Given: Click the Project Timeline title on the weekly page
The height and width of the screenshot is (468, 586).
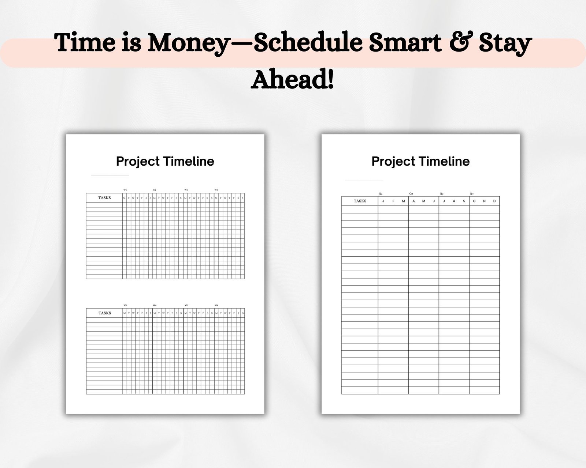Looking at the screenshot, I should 165,161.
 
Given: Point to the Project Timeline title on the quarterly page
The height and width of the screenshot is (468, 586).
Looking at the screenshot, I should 420,161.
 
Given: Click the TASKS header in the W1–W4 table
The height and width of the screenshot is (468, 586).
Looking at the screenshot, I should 104,198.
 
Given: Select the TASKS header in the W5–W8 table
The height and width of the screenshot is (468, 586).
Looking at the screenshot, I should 105,313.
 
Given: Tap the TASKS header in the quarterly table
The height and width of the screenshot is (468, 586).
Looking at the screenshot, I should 360,201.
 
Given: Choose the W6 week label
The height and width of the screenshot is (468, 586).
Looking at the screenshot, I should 155,305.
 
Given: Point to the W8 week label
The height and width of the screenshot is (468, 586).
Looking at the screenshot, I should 216,305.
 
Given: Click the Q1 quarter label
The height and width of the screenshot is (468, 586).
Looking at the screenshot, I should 381,193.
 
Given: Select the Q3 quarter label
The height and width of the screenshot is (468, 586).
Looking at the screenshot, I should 441,193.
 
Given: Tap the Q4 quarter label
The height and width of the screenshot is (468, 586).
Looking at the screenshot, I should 472,193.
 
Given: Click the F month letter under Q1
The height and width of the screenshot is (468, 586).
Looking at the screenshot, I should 393,201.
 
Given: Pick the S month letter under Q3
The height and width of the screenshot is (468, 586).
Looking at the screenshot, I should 464,201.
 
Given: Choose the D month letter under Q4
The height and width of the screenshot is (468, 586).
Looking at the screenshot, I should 494,201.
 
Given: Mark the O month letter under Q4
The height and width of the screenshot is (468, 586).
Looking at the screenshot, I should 474,201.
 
